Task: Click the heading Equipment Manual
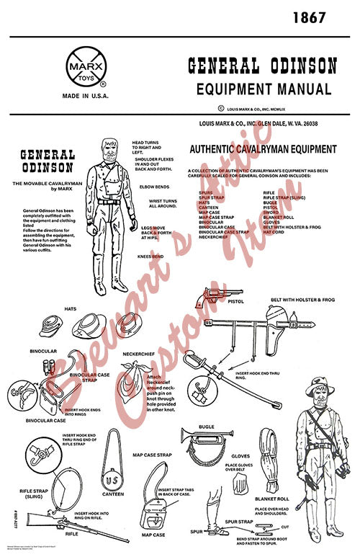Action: (x=264, y=90)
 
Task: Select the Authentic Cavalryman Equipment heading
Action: (x=262, y=149)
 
